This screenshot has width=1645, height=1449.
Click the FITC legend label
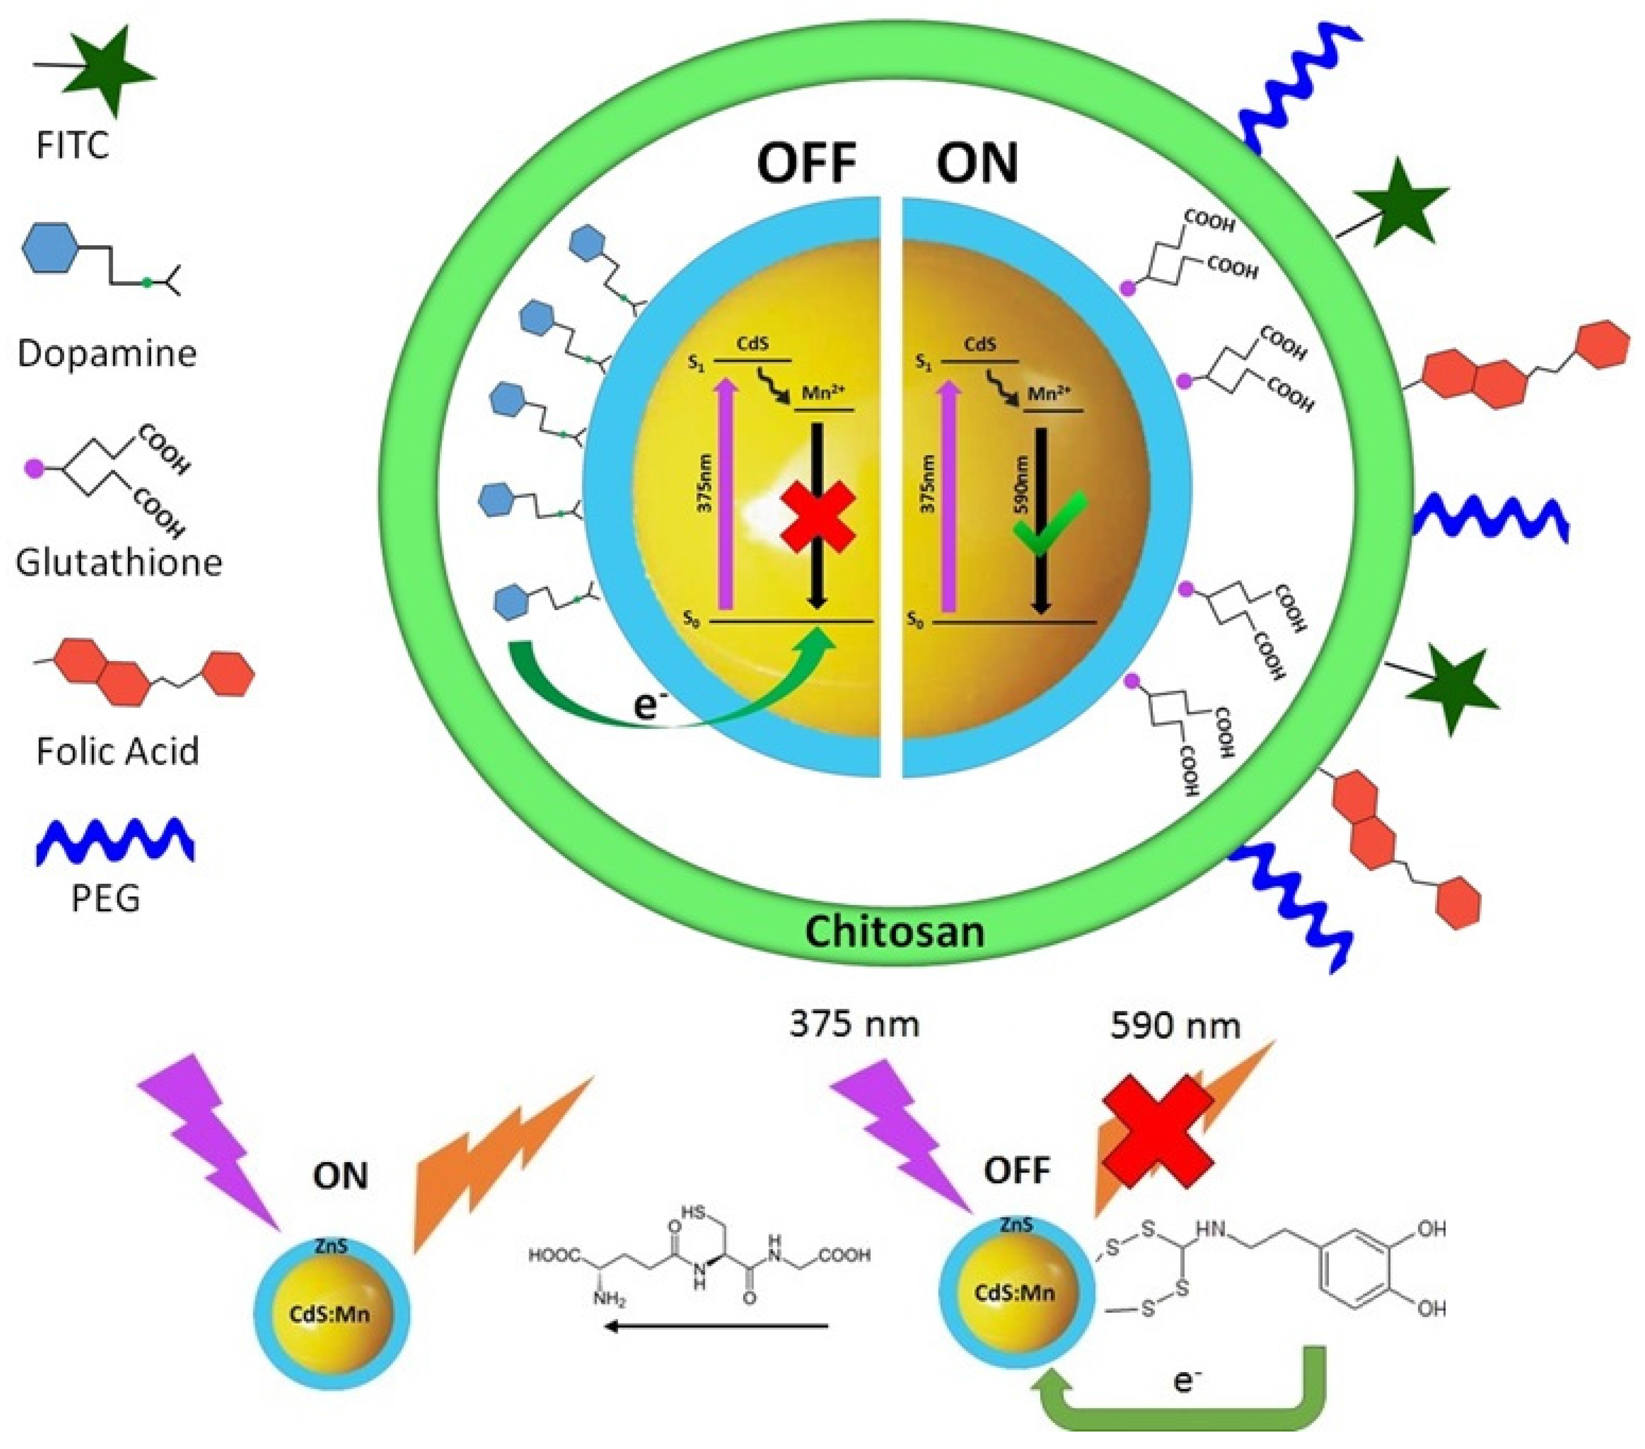coord(72,146)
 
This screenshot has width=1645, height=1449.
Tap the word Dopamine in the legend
coord(107,354)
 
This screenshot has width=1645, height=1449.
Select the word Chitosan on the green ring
coord(894,932)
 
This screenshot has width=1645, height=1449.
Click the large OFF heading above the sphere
coord(806,163)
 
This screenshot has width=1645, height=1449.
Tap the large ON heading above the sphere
coord(976,163)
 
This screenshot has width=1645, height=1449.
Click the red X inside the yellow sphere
coord(818,517)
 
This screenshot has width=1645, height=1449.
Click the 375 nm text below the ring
coord(854,1024)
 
